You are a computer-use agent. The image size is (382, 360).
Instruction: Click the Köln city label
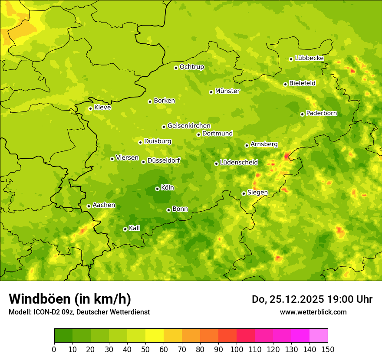point(168,188)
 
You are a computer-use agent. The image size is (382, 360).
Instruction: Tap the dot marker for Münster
point(211,92)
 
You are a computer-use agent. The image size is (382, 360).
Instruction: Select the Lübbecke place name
point(309,58)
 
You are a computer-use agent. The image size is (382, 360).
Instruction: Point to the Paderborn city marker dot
point(303,114)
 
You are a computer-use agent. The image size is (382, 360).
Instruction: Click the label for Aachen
point(104,205)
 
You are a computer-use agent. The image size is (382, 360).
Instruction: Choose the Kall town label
point(134,228)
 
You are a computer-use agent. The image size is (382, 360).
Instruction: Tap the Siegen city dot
point(244,193)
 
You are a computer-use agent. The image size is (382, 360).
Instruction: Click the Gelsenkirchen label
point(189,126)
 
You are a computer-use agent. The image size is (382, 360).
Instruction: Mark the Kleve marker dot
point(91,108)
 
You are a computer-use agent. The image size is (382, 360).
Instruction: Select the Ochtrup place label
point(191,67)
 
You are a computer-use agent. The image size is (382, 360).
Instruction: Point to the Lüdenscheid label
point(239,163)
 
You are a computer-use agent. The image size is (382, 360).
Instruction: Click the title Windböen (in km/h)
point(70,299)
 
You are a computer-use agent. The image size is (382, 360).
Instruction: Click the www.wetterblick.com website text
point(313,312)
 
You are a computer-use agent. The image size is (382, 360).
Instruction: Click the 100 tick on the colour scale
point(237,349)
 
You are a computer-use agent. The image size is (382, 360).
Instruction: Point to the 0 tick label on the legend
point(54,349)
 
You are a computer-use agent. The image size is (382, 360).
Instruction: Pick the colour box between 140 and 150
point(319,336)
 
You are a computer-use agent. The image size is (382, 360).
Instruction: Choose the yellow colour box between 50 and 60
point(155,336)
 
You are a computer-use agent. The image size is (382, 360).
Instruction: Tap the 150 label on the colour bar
point(328,349)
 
